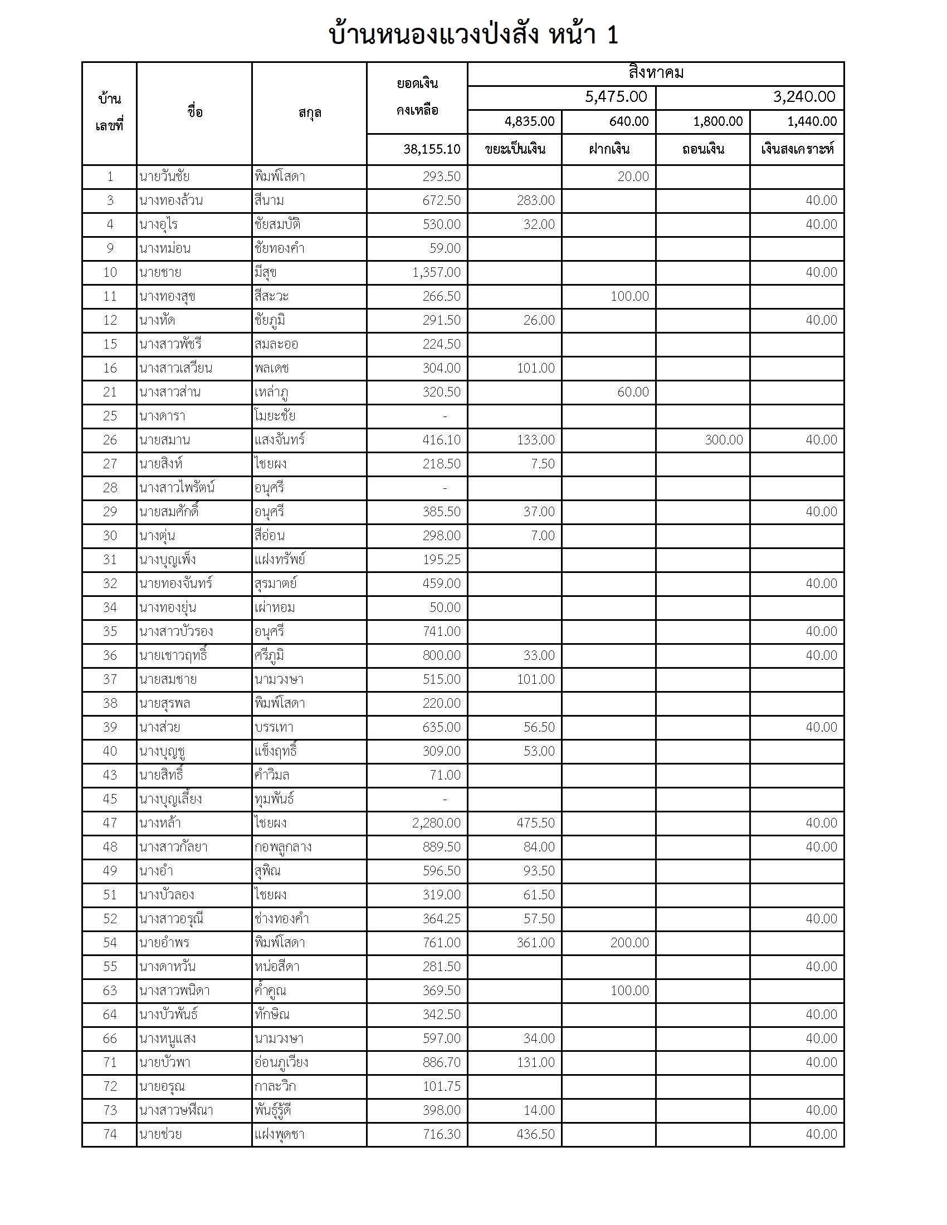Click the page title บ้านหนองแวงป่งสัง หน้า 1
point(473,35)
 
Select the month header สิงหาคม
point(655,73)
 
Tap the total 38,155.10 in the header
point(431,149)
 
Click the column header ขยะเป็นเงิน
point(515,149)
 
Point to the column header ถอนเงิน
point(703,149)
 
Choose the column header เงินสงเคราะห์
point(797,149)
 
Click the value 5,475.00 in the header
point(616,97)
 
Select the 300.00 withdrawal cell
point(723,440)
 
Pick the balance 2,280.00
point(436,823)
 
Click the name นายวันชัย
point(164,177)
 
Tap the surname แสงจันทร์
point(280,440)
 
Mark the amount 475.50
point(535,823)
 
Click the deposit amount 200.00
point(629,942)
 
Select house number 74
point(110,1134)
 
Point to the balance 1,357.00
point(436,273)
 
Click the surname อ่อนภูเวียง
point(281,1062)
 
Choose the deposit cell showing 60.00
point(632,392)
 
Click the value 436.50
point(535,1134)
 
